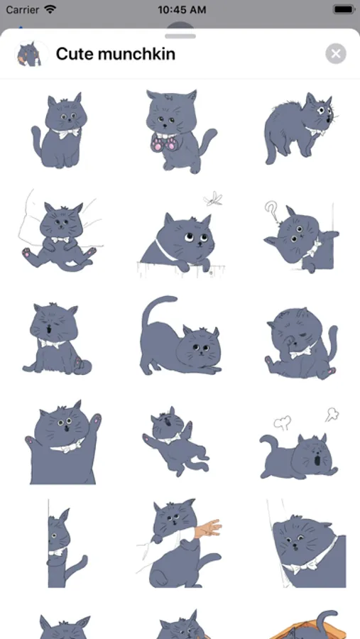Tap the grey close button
(x=336, y=54)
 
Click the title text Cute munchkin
(x=115, y=54)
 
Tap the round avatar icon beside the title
(x=31, y=54)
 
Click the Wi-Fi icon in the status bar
(x=50, y=9)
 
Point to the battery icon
(x=344, y=9)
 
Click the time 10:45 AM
(x=182, y=9)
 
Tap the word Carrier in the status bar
(x=23, y=9)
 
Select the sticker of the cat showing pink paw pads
(x=180, y=131)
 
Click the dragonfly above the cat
(x=213, y=200)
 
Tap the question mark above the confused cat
(x=271, y=211)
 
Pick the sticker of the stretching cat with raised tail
(x=180, y=335)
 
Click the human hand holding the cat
(x=208, y=528)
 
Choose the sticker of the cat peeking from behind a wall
(x=65, y=544)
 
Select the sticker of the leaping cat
(x=176, y=441)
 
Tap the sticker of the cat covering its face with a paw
(x=301, y=343)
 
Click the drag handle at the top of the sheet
(x=180, y=36)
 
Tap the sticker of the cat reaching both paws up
(x=62, y=442)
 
